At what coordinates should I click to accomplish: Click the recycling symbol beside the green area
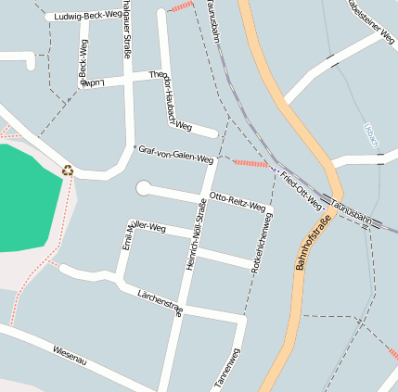[x=67, y=170]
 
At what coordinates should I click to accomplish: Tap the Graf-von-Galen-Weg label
[x=174, y=154]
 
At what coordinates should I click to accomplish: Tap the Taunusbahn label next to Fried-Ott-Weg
[x=352, y=214]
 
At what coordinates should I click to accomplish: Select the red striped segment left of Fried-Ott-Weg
[x=250, y=163]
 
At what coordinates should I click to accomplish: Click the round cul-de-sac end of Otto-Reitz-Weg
[x=144, y=188]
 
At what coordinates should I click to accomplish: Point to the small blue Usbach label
[x=371, y=136]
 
